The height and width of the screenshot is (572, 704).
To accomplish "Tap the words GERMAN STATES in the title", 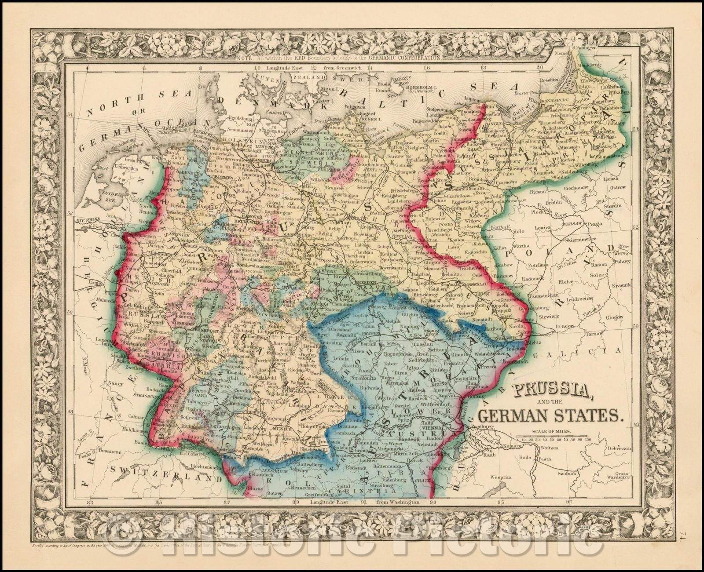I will [550, 415].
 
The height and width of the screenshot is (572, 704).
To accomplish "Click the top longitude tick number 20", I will [540, 68].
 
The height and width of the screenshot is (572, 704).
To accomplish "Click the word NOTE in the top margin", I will [256, 58].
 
